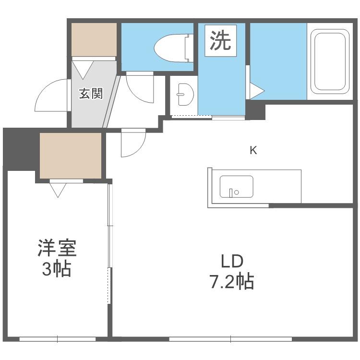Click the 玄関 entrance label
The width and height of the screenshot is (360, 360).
[91, 94]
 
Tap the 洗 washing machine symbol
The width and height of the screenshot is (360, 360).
[220, 41]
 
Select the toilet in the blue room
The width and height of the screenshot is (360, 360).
[173, 48]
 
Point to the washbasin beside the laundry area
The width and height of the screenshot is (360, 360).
[185, 95]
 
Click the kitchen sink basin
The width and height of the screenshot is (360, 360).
[237, 187]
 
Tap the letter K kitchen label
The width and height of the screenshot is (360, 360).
[253, 151]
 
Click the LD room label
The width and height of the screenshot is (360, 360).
[232, 261]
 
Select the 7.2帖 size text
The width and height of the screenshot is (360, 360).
[231, 281]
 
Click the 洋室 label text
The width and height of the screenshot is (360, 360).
[57, 248]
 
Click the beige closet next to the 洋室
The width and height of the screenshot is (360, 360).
[71, 156]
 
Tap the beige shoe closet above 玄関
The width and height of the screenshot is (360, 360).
[94, 39]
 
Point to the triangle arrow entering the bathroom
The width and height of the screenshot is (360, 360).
[257, 91]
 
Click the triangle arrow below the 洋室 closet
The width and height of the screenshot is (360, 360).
[58, 190]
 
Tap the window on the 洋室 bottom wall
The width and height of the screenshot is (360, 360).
[58, 339]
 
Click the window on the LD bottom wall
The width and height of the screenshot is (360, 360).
[230, 339]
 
